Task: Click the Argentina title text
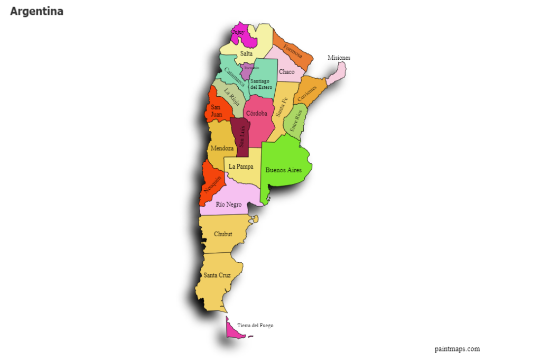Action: pyautogui.click(x=36, y=11)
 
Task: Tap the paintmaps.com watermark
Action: pyautogui.click(x=457, y=349)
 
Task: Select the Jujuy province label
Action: pyautogui.click(x=238, y=32)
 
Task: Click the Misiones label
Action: pyautogui.click(x=339, y=58)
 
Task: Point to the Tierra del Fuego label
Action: pyautogui.click(x=255, y=326)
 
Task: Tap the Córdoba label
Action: pyautogui.click(x=256, y=113)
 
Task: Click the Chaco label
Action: pyautogui.click(x=287, y=72)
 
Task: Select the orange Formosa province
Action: pyautogui.click(x=292, y=50)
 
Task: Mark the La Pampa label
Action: pyautogui.click(x=241, y=167)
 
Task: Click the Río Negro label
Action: pyautogui.click(x=229, y=205)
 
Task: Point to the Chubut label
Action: pyautogui.click(x=223, y=234)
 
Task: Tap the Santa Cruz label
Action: pyautogui.click(x=217, y=275)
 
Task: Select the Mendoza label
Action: pyautogui.click(x=222, y=149)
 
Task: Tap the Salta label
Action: pyautogui.click(x=246, y=53)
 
